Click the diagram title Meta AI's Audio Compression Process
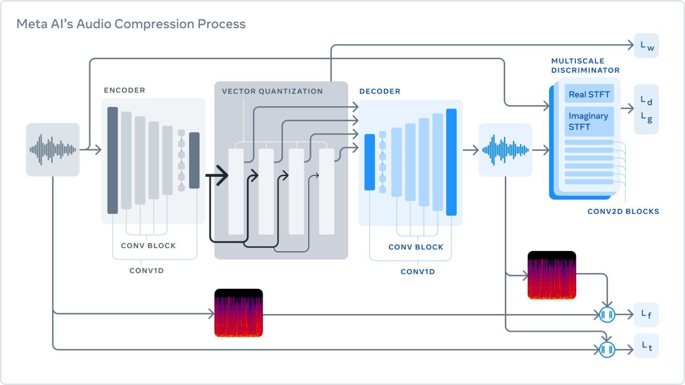[x=131, y=24]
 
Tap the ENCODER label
[x=124, y=90]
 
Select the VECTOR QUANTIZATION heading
[x=272, y=91]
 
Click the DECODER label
[x=380, y=91]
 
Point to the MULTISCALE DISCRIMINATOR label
[x=585, y=66]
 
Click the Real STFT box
[x=589, y=94]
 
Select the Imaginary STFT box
[x=589, y=121]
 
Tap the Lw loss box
[x=646, y=45]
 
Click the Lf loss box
[x=646, y=315]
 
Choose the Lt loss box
[x=646, y=346]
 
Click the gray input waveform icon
[x=53, y=150]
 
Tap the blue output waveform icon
[x=505, y=150]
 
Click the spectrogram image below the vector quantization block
[x=239, y=313]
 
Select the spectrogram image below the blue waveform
[x=552, y=275]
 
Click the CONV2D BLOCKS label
[x=623, y=212]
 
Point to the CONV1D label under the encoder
[x=146, y=270]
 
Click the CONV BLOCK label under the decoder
[x=416, y=247]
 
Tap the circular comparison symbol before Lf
[x=607, y=315]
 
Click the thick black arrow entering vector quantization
[x=219, y=176]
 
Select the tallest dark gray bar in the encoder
[x=112, y=160]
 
